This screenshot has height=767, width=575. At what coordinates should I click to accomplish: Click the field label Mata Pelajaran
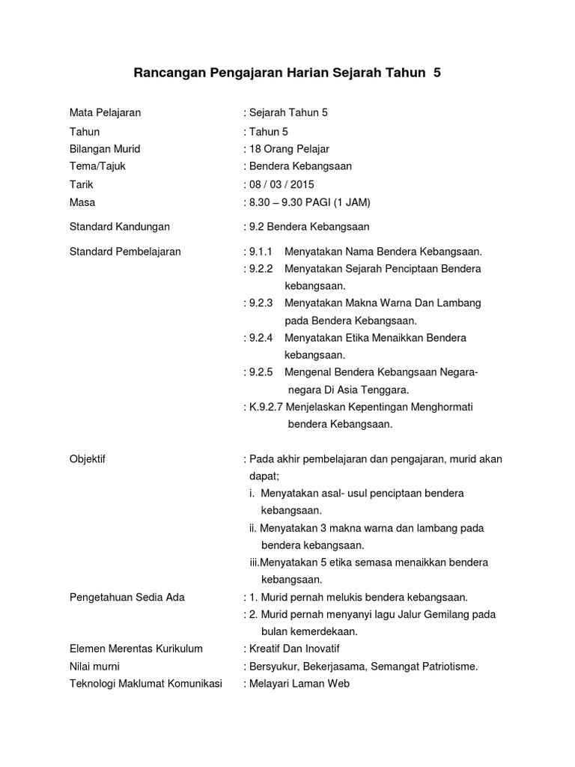click(105, 113)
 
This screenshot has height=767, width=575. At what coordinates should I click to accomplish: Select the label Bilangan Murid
click(105, 149)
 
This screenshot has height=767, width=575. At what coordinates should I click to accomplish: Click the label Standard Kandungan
click(120, 226)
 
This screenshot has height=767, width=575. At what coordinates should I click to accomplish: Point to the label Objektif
click(88, 459)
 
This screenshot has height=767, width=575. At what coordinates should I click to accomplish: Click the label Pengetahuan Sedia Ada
click(127, 597)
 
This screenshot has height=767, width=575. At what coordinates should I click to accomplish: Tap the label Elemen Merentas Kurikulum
click(136, 649)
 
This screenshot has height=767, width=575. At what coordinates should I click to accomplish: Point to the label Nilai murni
click(94, 666)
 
